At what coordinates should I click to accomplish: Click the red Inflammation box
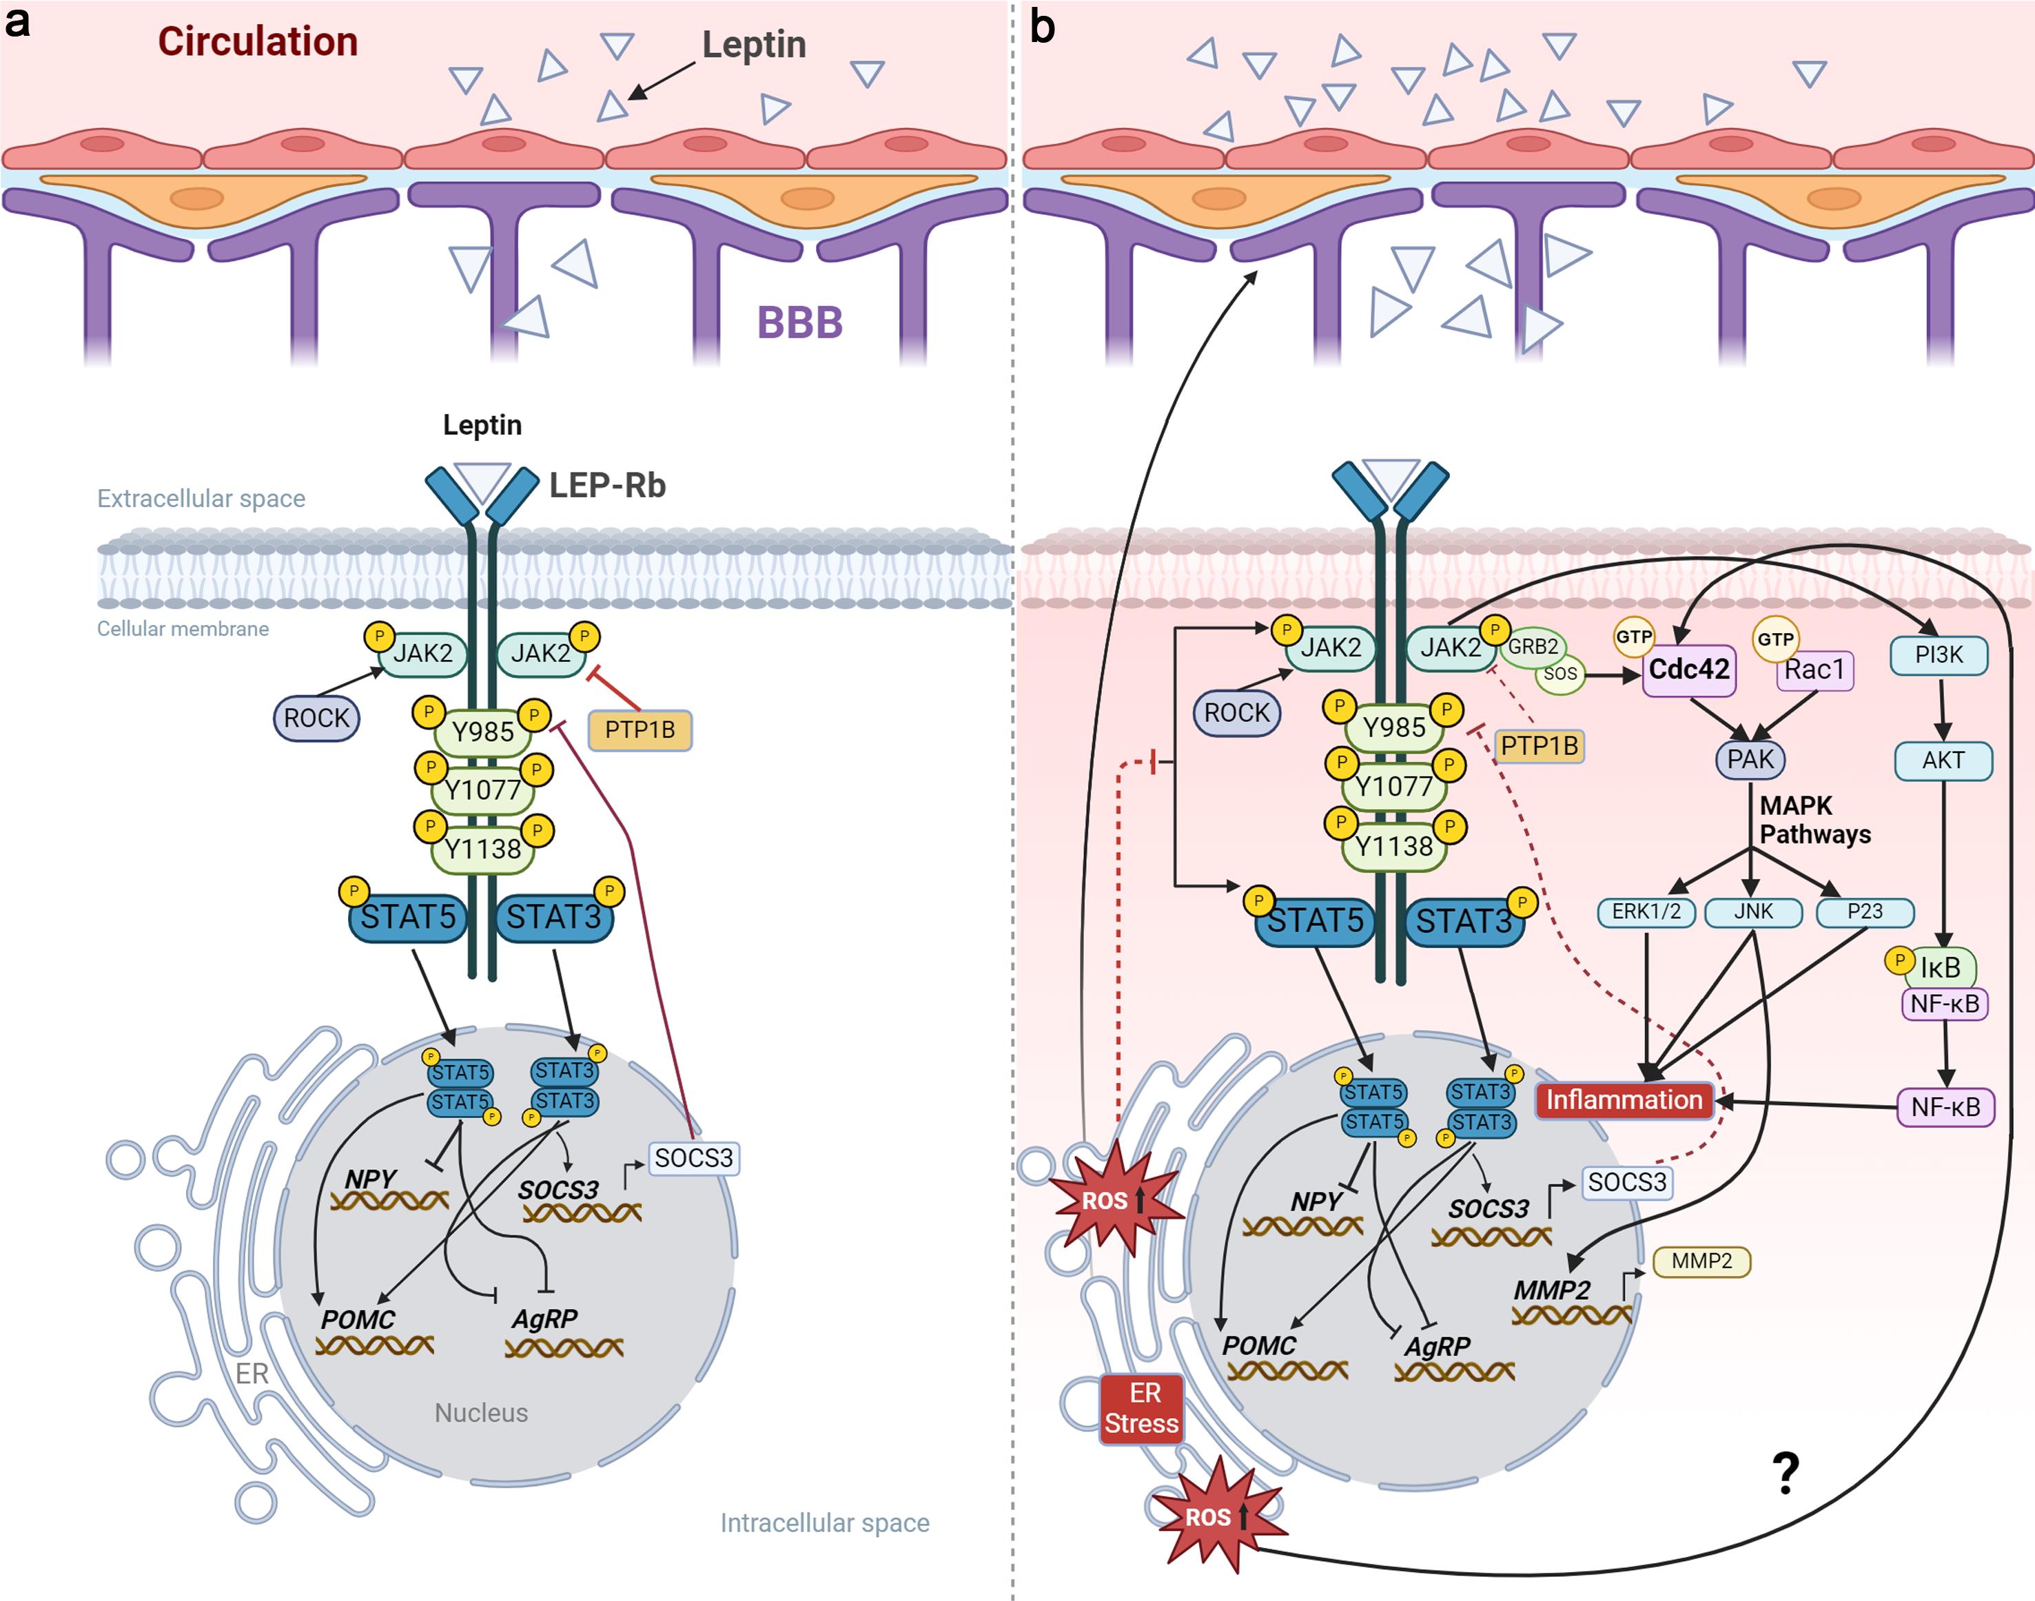pyautogui.click(x=1624, y=1100)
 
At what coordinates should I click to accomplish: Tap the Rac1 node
pyautogui.click(x=1814, y=670)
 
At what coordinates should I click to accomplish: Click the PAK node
pyautogui.click(x=1750, y=759)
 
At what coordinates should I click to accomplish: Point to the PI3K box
pyautogui.click(x=1939, y=655)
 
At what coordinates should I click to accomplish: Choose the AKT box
pyautogui.click(x=1943, y=760)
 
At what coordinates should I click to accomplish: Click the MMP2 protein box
pyautogui.click(x=1701, y=1261)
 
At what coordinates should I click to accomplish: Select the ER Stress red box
pyautogui.click(x=1141, y=1409)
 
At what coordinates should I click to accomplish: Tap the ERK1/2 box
pyautogui.click(x=1646, y=912)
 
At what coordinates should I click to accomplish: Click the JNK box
pyautogui.click(x=1752, y=912)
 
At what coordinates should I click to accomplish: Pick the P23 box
pyautogui.click(x=1864, y=912)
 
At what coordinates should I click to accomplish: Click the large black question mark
pyautogui.click(x=1786, y=1474)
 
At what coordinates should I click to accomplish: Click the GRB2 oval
pyautogui.click(x=1533, y=647)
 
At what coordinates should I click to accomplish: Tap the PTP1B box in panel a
pyautogui.click(x=640, y=730)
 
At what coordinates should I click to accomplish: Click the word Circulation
pyautogui.click(x=258, y=42)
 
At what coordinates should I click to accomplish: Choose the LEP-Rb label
pyautogui.click(x=606, y=486)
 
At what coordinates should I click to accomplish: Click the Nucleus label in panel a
pyautogui.click(x=481, y=1413)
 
